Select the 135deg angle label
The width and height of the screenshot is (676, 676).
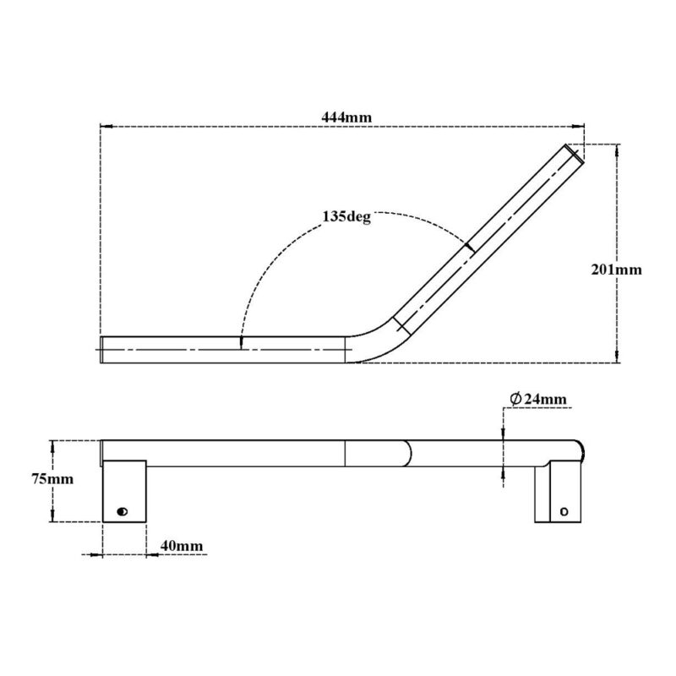pos(346,216)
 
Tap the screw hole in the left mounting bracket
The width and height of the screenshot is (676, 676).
pos(123,511)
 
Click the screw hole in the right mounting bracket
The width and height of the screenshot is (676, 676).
pos(565,511)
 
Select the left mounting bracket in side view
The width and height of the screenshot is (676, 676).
pos(124,490)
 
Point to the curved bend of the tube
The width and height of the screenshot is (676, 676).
pos(377,338)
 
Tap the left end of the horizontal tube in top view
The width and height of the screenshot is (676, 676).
pos(102,348)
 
